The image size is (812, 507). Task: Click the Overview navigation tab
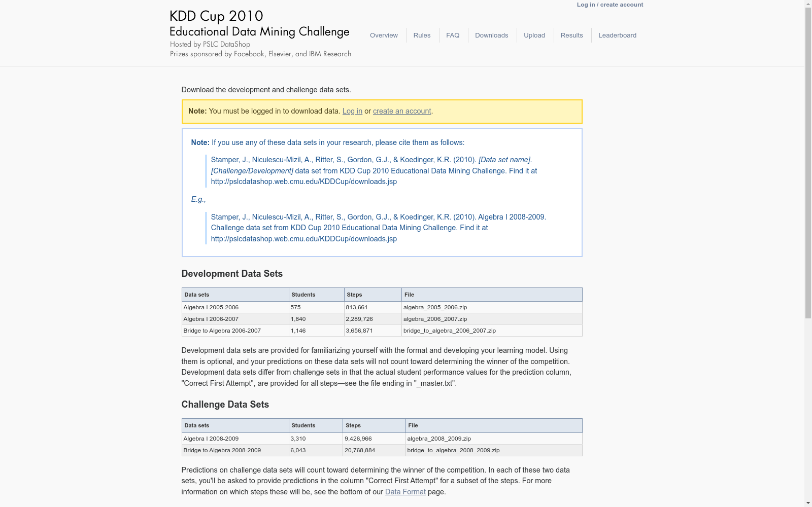(x=384, y=35)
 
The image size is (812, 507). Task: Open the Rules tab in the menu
(x=422, y=35)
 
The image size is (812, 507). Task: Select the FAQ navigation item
(x=453, y=35)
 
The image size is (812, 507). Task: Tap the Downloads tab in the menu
(x=491, y=35)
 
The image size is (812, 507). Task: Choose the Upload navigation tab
(x=534, y=35)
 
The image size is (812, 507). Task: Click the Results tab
(x=571, y=35)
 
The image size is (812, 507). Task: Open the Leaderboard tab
(x=617, y=35)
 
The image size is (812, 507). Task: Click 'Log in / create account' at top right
(x=610, y=5)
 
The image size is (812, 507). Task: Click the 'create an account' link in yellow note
(x=402, y=111)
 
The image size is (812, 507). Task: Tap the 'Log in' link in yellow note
(x=352, y=111)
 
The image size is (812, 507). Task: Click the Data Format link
(x=405, y=492)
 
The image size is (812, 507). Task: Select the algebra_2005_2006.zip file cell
(x=435, y=307)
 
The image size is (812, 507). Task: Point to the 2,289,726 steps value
(x=359, y=319)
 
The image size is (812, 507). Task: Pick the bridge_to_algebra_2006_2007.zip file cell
(x=449, y=331)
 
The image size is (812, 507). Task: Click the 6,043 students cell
(x=298, y=450)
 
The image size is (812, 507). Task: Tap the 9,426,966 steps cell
(x=358, y=439)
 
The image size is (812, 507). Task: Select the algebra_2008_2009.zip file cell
(x=439, y=439)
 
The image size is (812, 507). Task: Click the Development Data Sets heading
(x=232, y=274)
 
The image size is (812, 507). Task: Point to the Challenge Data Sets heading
(x=225, y=405)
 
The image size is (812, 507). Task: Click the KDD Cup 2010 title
(x=216, y=16)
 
